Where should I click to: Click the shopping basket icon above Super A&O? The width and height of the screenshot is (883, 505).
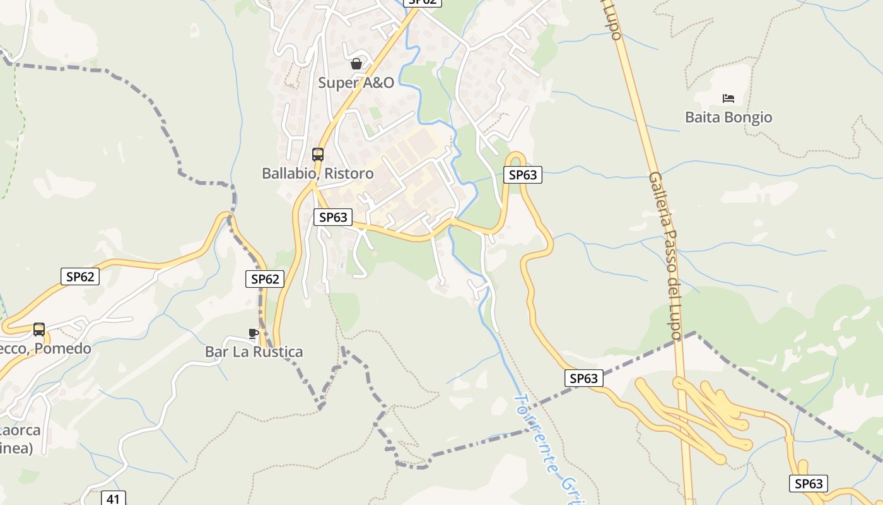pos(356,64)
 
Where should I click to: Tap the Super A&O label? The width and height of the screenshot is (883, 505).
pos(356,83)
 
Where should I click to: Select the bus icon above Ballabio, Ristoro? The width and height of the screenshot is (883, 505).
pos(318,155)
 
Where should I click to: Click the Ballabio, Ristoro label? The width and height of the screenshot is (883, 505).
pos(318,174)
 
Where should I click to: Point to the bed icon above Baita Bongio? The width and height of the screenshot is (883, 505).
pos(728,98)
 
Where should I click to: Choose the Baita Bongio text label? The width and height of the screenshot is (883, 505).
pos(728,117)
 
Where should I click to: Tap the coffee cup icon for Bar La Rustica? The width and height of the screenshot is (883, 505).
pos(254,333)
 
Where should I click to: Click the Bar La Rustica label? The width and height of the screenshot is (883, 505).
pos(254,352)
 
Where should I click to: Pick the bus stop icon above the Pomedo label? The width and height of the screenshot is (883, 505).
pos(39,330)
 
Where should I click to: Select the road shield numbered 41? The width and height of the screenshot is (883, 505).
pos(113,499)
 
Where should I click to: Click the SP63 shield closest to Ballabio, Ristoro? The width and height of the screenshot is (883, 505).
pos(333,217)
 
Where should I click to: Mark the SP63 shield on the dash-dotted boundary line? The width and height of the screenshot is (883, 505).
pos(583,378)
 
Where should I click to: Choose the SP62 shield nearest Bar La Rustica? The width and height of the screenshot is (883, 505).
pos(265,279)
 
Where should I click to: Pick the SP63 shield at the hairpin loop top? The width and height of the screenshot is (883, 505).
pos(523,175)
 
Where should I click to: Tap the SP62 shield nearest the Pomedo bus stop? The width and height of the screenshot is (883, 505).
pos(80,276)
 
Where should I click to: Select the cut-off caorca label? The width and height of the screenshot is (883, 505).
pos(21,431)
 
